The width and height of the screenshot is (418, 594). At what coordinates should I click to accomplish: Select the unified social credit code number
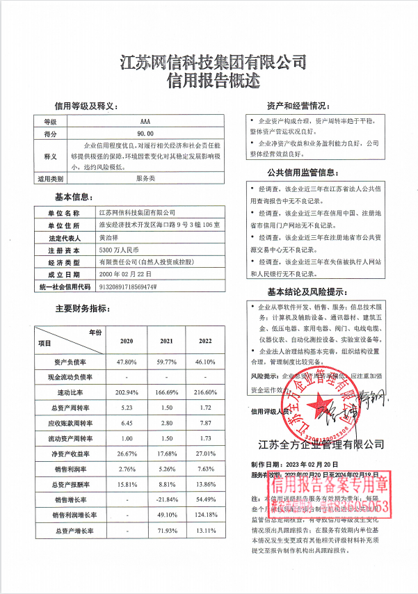[129, 286]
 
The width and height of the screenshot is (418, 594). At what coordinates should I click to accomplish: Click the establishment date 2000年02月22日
[126, 274]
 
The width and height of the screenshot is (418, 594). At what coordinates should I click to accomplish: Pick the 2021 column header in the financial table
[166, 341]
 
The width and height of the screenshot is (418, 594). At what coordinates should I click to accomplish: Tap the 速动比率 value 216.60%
[206, 392]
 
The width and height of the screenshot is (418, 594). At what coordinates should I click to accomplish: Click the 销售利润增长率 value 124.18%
[206, 515]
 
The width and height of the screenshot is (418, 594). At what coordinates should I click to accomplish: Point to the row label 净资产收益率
[68, 454]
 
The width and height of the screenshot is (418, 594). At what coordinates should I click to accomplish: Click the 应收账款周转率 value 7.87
[206, 424]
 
